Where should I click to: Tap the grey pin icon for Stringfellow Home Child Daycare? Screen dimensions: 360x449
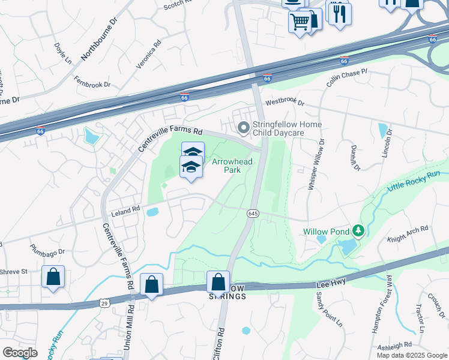(x=244, y=128)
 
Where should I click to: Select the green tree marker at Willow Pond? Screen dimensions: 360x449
(x=358, y=230)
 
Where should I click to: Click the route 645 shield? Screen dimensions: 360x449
(x=253, y=214)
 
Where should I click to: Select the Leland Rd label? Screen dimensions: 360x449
(x=125, y=209)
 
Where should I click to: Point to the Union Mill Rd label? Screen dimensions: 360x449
(x=130, y=323)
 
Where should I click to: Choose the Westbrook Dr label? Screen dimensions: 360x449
(x=285, y=103)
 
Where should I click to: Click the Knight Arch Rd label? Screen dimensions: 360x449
(x=408, y=233)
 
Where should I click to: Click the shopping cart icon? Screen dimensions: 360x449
(x=300, y=22)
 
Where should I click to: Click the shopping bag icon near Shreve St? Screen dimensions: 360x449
(x=53, y=277)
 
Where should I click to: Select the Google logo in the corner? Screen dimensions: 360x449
(x=20, y=353)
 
